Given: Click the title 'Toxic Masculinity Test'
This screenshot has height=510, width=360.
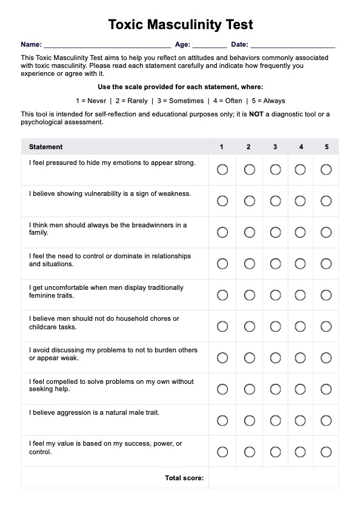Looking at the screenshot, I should pos(181,25).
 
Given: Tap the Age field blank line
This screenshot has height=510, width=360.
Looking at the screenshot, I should pos(210,45).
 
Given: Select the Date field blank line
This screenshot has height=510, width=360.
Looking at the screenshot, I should pos(292,45).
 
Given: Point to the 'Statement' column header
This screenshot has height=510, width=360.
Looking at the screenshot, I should pos(46,147).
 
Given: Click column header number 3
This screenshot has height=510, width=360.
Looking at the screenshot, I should pos(275,147).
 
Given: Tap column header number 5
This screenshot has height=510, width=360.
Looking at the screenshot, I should pos(327,147).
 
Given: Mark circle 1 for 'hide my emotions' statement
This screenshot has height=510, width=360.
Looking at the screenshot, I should pos(222,169).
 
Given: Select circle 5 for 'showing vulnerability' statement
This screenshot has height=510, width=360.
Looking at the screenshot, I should pos(326,201).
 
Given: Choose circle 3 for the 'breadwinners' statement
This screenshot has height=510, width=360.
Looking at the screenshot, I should pos(275,232).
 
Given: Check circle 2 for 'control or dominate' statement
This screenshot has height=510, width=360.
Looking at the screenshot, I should pos(249,264).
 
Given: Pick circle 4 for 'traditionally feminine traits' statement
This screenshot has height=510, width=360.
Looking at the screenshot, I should pos(301,295).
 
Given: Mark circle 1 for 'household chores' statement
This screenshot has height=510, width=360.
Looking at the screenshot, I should pos(222,326).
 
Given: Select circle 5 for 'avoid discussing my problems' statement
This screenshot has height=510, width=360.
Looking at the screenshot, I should pos(326,358).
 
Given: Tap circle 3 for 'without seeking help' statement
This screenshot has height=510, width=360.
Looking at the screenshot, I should pos(275,389).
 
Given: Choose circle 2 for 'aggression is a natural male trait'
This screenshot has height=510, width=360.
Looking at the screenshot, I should pos(249,420).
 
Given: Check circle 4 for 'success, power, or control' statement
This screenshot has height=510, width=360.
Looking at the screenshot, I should pos(301,452).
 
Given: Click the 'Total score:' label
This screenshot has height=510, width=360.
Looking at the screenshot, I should pos(184,478).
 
